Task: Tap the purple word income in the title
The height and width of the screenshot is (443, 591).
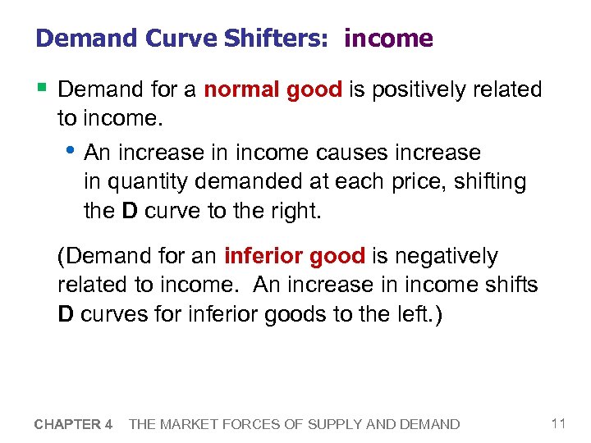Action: (388, 39)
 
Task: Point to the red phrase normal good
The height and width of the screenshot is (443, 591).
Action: (273, 89)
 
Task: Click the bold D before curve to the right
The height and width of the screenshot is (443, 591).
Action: (129, 212)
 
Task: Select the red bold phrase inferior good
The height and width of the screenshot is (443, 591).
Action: (294, 257)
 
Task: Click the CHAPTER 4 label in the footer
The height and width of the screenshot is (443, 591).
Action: (73, 424)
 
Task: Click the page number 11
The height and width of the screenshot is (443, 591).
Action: (558, 423)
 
